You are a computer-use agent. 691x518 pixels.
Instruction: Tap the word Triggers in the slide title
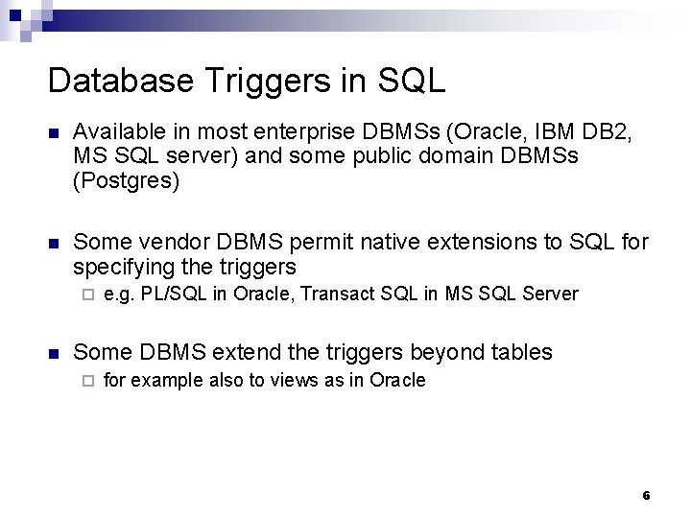click(x=249, y=82)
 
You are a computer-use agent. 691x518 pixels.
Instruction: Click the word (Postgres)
click(x=126, y=179)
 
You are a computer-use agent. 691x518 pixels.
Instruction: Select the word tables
click(x=520, y=352)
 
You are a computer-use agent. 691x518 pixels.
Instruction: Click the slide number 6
click(x=646, y=496)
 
